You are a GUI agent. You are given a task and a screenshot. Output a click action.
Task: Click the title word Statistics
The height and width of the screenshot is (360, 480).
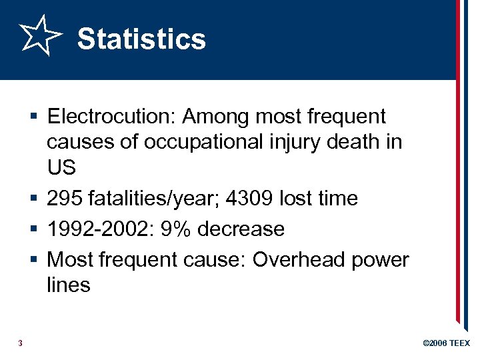point(141,38)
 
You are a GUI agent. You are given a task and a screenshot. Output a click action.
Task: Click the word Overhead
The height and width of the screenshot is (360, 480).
point(301,259)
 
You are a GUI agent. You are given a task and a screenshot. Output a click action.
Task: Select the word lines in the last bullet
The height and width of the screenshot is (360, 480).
point(69,285)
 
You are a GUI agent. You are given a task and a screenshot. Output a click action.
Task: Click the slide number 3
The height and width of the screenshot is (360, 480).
point(21,343)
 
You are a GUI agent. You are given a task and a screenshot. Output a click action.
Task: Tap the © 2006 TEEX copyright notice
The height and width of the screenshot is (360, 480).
point(446,343)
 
